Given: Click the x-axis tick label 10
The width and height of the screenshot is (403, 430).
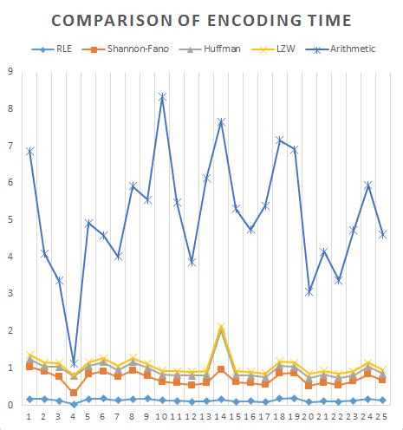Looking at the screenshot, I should [x=162, y=418].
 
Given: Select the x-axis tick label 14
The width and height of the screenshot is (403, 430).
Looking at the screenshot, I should [x=221, y=418].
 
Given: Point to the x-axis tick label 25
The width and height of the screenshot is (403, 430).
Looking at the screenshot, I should [x=382, y=418].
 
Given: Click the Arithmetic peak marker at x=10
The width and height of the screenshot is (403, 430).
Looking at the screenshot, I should [x=162, y=96].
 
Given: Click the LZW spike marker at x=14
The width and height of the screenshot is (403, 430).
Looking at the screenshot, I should [x=221, y=328].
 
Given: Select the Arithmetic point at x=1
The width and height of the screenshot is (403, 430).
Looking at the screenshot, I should [x=29, y=151].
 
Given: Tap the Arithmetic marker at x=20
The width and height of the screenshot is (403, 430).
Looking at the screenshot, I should [x=309, y=292].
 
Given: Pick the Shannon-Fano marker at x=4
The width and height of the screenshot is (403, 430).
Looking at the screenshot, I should [x=74, y=393].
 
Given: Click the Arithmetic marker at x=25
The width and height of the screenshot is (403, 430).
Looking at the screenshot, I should [x=382, y=235].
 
